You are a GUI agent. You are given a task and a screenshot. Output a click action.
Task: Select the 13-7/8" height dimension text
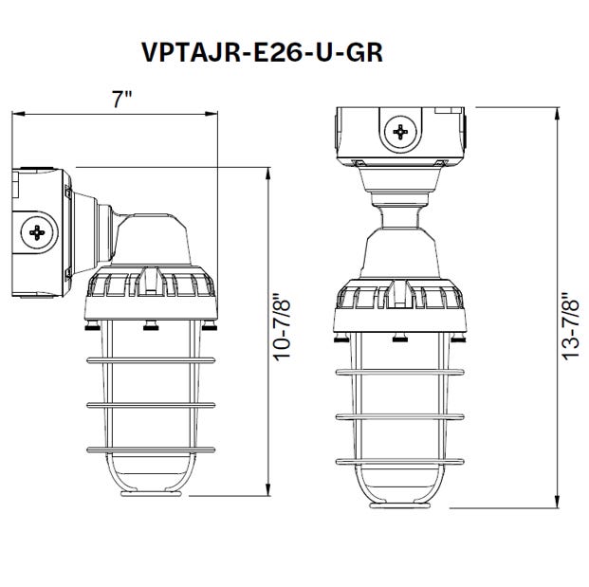(x=569, y=327)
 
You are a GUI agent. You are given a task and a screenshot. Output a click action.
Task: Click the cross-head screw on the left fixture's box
(x=39, y=230)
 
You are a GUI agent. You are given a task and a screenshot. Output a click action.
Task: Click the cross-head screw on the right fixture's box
(x=402, y=131)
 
